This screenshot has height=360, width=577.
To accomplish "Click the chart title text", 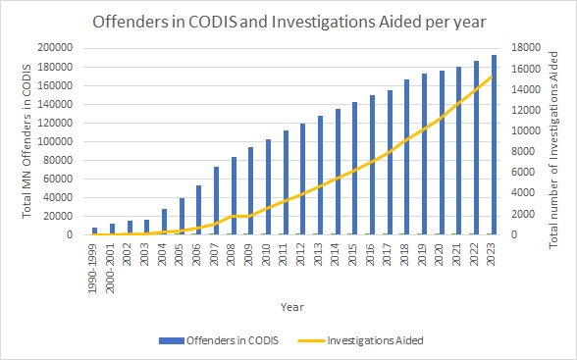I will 288,21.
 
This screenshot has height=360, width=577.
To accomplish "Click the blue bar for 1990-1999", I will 95,231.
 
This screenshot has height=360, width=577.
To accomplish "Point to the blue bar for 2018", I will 406,157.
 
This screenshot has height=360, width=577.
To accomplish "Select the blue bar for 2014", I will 338,172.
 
